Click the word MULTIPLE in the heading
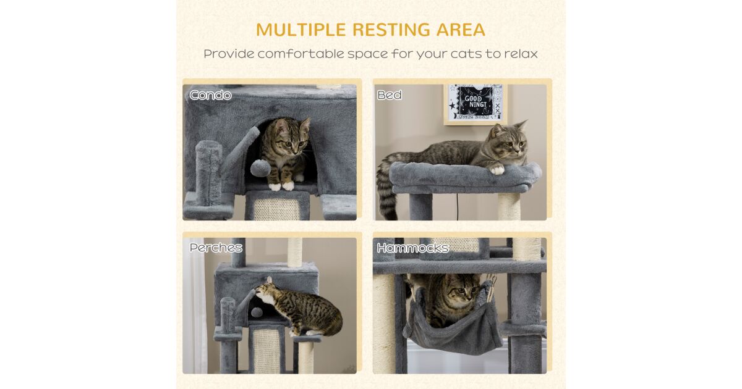(301, 30)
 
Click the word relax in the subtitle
(521, 54)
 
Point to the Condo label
(211, 95)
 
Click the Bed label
(390, 95)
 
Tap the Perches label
(216, 248)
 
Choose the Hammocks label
(413, 248)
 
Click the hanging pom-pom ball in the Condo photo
(260, 168)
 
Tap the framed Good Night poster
(475, 103)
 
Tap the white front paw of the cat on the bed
(497, 170)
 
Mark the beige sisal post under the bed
(508, 206)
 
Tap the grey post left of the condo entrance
(209, 173)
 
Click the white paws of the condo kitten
(281, 186)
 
